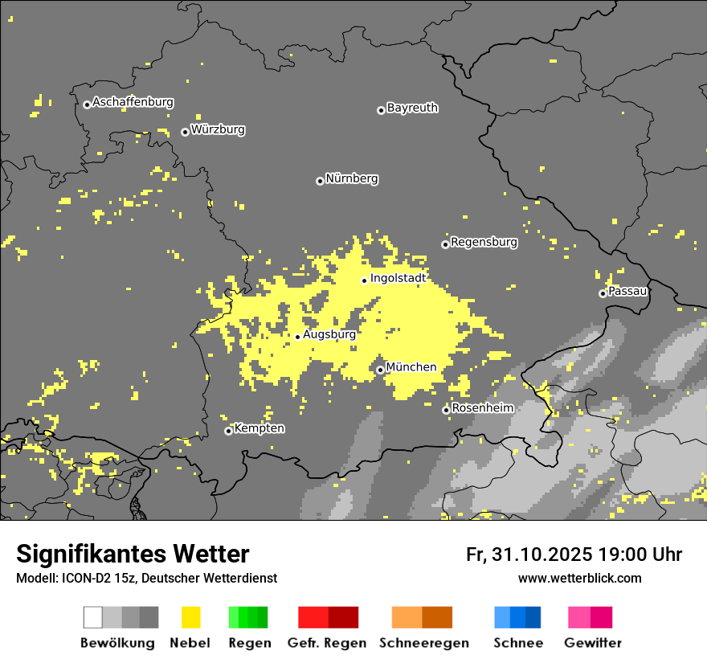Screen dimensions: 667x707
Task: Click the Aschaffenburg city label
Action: click(x=133, y=102)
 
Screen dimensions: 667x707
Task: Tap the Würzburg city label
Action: click(x=218, y=129)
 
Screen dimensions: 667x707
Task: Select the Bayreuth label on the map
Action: click(x=412, y=108)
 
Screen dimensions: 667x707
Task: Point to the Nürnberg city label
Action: click(x=352, y=178)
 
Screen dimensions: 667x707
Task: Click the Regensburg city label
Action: click(x=484, y=242)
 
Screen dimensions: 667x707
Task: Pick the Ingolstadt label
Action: click(x=398, y=278)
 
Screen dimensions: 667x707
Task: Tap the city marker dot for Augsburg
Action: click(x=297, y=337)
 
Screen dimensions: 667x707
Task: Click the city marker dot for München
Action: click(x=380, y=370)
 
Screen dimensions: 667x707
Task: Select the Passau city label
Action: click(x=627, y=291)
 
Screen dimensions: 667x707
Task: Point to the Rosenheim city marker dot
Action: click(x=446, y=410)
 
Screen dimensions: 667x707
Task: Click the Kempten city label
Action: click(x=259, y=428)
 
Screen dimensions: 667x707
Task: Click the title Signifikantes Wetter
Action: click(x=133, y=554)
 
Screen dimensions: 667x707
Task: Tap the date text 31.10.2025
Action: click(x=542, y=554)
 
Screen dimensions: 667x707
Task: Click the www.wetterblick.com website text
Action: click(x=579, y=578)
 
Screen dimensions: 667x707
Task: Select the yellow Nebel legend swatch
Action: click(x=190, y=617)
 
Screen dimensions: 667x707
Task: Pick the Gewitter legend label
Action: click(x=592, y=643)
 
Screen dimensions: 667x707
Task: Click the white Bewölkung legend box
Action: click(x=93, y=617)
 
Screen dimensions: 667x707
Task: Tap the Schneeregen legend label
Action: click(x=423, y=643)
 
